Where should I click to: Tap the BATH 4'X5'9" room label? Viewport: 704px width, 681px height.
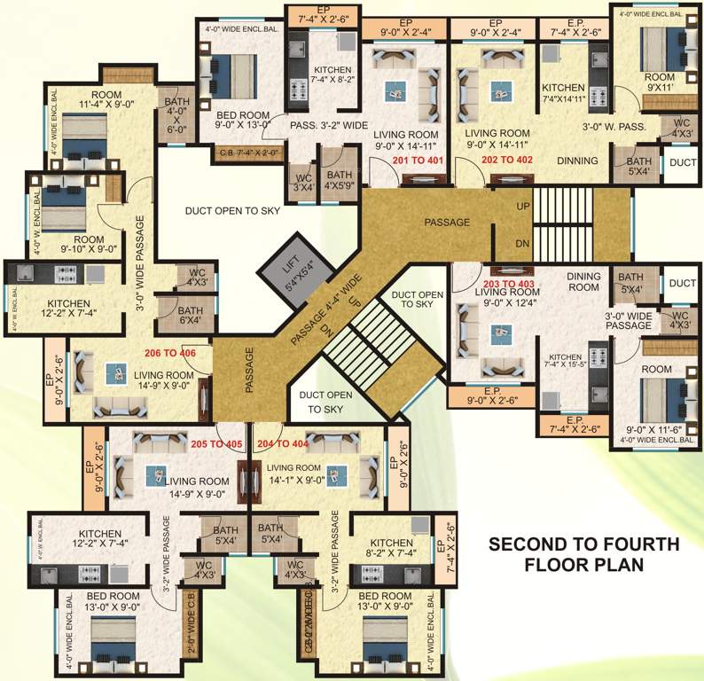click(337, 180)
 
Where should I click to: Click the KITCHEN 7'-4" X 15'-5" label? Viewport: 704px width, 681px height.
click(566, 359)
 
